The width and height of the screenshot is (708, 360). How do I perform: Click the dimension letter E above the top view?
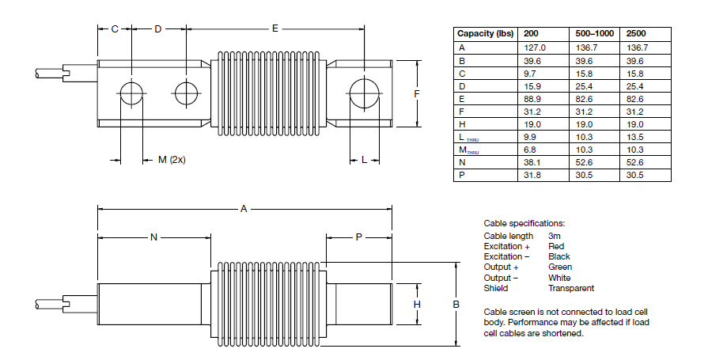click(x=275, y=28)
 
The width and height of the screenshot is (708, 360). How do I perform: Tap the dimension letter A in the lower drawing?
click(x=244, y=209)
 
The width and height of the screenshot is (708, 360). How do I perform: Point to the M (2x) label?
click(x=171, y=160)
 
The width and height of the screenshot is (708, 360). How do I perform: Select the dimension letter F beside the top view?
click(x=416, y=93)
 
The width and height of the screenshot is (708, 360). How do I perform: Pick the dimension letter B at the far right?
click(x=456, y=304)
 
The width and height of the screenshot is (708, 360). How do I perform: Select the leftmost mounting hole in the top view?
click(x=131, y=93)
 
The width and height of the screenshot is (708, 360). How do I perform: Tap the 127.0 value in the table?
click(x=536, y=48)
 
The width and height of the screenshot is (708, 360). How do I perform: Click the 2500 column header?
click(x=636, y=34)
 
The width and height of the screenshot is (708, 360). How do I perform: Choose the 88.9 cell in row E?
click(x=534, y=98)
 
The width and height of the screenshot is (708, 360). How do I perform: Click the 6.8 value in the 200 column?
click(x=531, y=149)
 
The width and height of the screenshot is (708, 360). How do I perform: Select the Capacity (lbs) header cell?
click(x=485, y=34)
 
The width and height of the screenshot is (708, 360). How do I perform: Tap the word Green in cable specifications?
click(x=560, y=267)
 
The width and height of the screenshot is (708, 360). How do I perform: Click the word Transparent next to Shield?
click(x=570, y=288)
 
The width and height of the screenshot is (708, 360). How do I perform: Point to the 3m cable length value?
click(x=555, y=236)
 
